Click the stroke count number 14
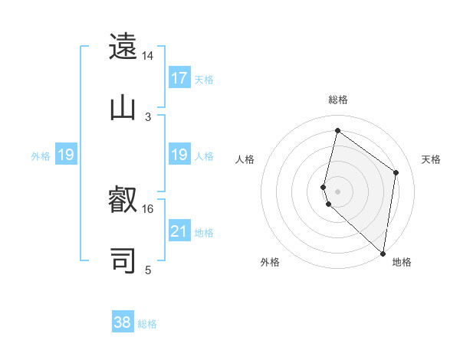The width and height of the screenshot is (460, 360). coord(148,56)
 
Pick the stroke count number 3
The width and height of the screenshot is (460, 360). coord(148,116)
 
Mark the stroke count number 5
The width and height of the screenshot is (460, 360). coord(148,270)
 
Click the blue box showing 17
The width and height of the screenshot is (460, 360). coord(179,78)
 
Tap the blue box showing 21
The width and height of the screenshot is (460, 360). coord(179,231)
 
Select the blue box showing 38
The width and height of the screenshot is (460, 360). coord(123,322)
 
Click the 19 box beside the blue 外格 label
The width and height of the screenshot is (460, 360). coord(66,155)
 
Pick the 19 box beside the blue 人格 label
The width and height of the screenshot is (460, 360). coord(179,155)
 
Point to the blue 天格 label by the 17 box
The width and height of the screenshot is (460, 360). coord(204,80)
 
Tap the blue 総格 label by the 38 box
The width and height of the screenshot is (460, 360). coord(147,324)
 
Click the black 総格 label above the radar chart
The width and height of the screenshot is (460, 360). coord(338,100)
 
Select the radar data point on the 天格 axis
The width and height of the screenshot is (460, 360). coord(396,172)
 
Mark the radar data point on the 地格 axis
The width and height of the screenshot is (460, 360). coord(383,253)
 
